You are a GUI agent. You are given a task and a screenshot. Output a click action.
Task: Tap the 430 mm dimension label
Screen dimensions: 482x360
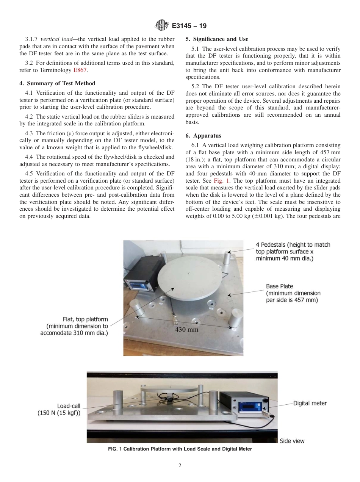(186, 329)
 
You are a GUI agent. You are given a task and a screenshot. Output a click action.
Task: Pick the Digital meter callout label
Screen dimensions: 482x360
(310, 403)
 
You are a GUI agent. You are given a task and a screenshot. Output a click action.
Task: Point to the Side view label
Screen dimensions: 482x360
(292, 441)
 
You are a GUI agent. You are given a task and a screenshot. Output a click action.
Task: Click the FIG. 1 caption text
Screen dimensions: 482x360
(180, 449)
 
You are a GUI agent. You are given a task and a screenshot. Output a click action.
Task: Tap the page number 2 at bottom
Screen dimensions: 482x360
(180, 466)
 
